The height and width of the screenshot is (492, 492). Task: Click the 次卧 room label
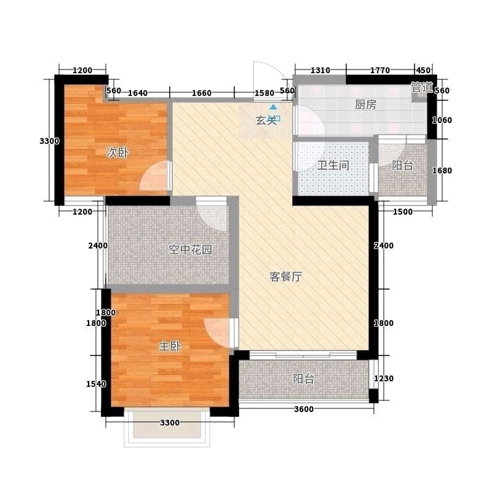click(x=117, y=153)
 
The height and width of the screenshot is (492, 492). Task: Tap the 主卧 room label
click(x=170, y=346)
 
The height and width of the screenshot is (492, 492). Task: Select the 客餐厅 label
click(x=286, y=276)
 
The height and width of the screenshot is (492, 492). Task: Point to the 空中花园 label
click(x=190, y=250)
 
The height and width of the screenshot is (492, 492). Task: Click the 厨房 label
click(x=365, y=105)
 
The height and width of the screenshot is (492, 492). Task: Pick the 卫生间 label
click(x=333, y=165)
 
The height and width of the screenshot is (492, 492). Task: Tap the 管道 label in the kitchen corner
click(x=423, y=87)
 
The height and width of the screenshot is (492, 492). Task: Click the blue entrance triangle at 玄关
click(x=274, y=107)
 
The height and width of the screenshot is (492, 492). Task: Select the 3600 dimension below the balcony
click(x=304, y=409)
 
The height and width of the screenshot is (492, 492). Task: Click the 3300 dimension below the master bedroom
click(x=170, y=423)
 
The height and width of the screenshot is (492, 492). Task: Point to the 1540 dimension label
click(x=96, y=384)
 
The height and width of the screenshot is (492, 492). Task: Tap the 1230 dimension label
click(x=383, y=378)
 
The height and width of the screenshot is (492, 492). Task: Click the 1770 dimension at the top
click(x=380, y=70)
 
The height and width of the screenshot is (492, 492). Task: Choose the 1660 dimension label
click(x=202, y=93)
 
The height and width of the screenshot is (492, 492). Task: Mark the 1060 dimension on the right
click(x=442, y=120)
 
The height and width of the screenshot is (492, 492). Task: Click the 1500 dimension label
click(x=403, y=212)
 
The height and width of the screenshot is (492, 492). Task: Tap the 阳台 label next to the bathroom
click(x=402, y=165)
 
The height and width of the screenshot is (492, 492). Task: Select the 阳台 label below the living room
click(x=303, y=379)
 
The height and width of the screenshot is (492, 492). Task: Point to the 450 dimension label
click(x=423, y=70)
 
